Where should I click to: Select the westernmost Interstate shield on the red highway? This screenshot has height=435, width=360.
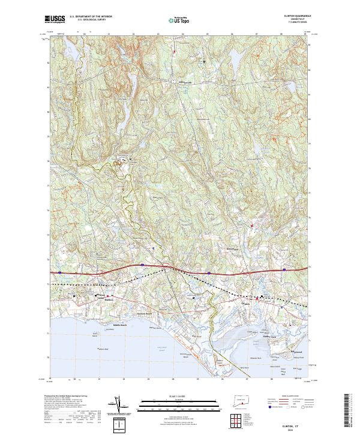click(x=62, y=273)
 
